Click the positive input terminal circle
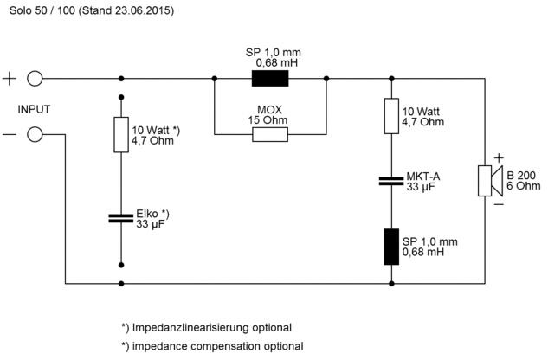(x=35, y=79)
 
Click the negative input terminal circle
(x=35, y=134)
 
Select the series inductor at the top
(x=270, y=79)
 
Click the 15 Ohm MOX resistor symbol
(x=270, y=135)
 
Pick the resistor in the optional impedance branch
(x=120, y=134)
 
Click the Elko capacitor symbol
(x=120, y=217)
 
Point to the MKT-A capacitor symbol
(x=391, y=180)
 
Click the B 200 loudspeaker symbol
(x=487, y=180)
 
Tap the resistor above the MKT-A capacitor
(x=391, y=115)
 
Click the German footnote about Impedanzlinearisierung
(x=206, y=327)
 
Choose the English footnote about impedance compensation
(x=212, y=346)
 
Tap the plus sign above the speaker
(x=498, y=157)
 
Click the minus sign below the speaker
(x=498, y=204)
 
